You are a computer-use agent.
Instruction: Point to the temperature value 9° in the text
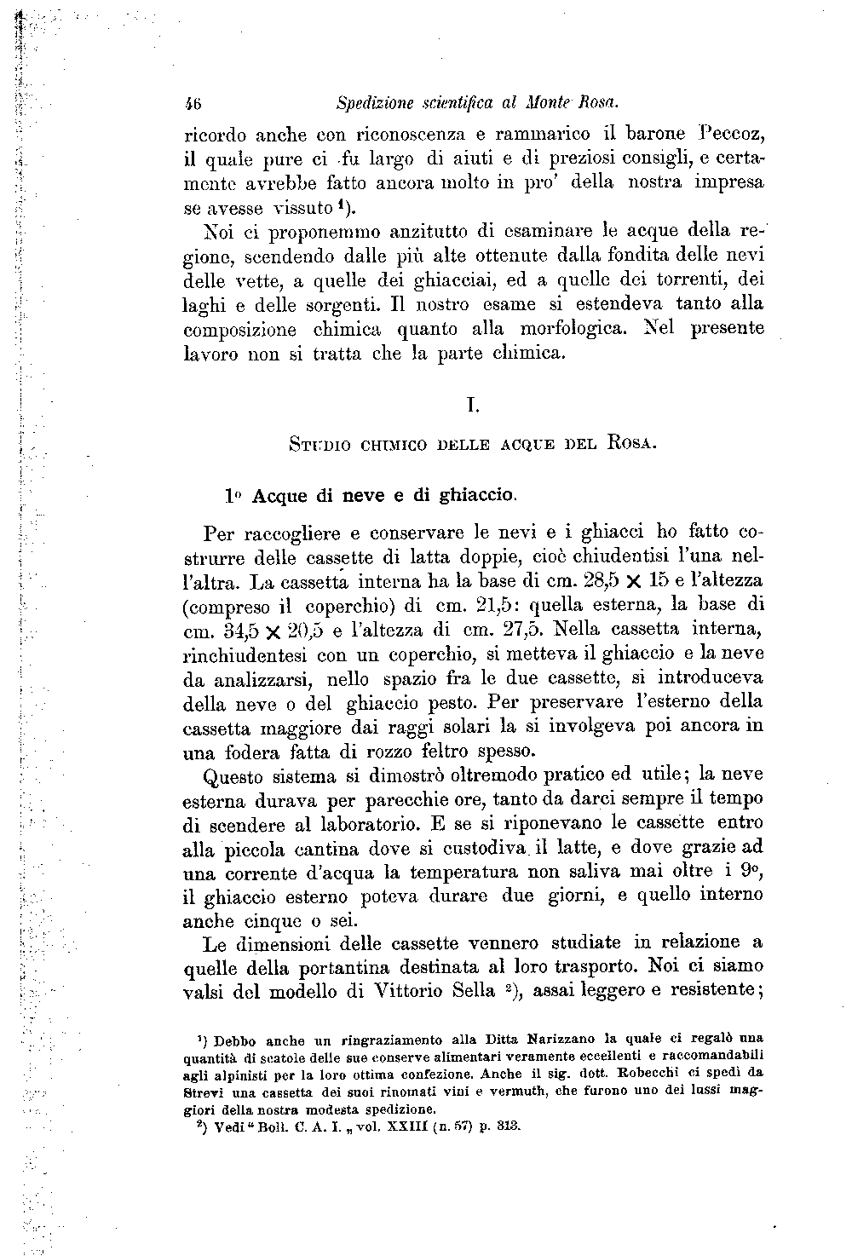point(750,873)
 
